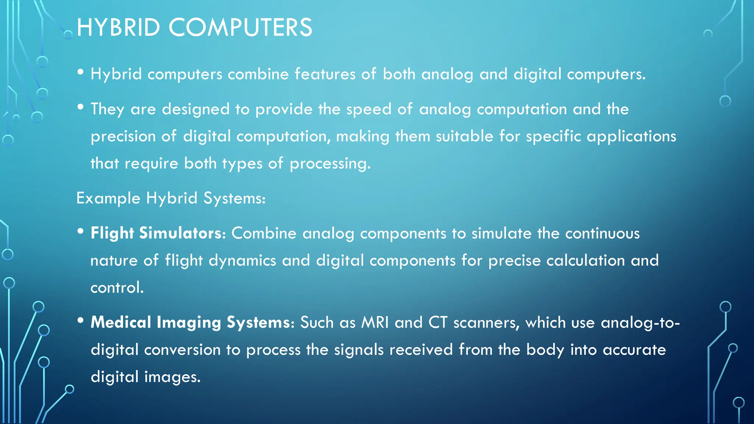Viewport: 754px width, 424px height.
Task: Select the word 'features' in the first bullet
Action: point(325,74)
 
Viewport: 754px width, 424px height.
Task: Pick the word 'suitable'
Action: point(464,136)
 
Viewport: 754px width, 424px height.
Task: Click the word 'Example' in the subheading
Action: point(108,198)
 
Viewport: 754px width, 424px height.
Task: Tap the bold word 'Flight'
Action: point(112,233)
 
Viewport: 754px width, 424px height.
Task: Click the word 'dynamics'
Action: point(242,261)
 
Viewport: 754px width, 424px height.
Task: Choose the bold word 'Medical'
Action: point(121,322)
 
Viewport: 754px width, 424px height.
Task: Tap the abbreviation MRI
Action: point(375,322)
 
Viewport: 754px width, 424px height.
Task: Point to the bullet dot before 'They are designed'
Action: point(81,107)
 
